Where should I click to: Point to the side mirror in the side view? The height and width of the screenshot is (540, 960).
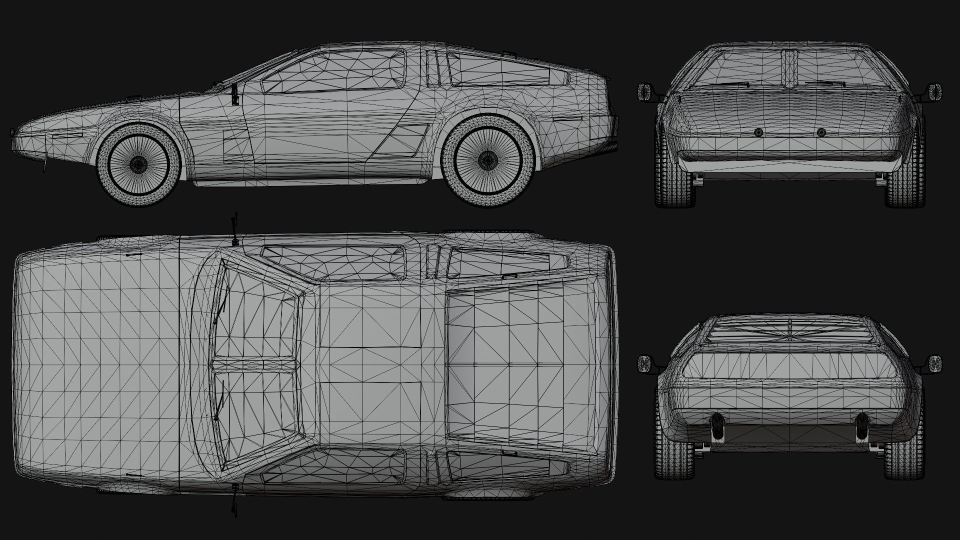235,95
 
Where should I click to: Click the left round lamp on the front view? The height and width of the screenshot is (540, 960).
758,132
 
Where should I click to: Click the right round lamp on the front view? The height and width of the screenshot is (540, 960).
821,132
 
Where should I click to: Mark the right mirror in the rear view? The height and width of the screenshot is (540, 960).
935,363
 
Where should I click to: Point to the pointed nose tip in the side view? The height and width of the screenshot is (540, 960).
12,133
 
